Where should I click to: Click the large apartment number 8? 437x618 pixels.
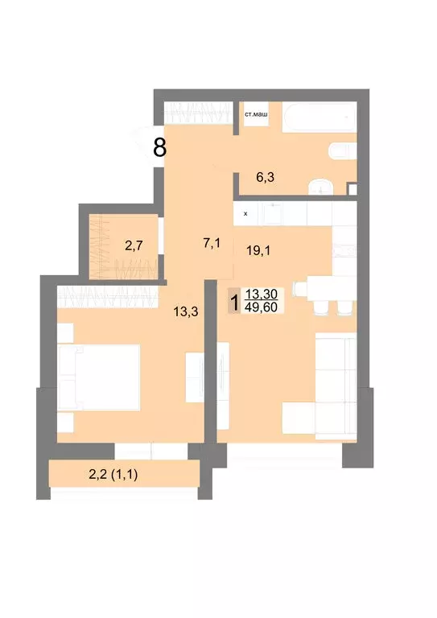[x=160, y=148]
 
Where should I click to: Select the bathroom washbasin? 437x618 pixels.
[x=321, y=185]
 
